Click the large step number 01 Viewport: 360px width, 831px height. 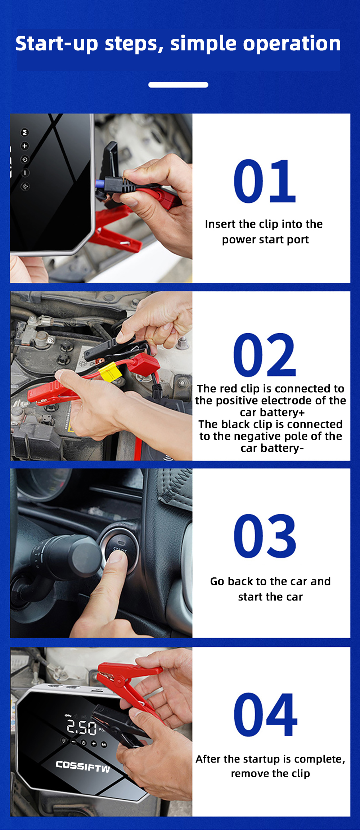[265, 181]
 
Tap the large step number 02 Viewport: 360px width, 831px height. [265, 355]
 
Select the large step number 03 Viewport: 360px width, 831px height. [265, 536]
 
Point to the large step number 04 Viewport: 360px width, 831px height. [266, 714]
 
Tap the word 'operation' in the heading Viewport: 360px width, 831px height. [292, 44]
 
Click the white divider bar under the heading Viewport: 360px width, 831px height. [178, 85]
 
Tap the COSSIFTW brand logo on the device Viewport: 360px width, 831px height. [83, 767]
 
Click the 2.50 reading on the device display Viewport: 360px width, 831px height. [82, 727]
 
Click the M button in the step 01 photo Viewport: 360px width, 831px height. [24, 133]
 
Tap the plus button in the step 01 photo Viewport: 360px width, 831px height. [24, 146]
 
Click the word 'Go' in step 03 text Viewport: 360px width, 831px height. [217, 581]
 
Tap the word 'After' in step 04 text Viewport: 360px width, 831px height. [208, 759]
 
